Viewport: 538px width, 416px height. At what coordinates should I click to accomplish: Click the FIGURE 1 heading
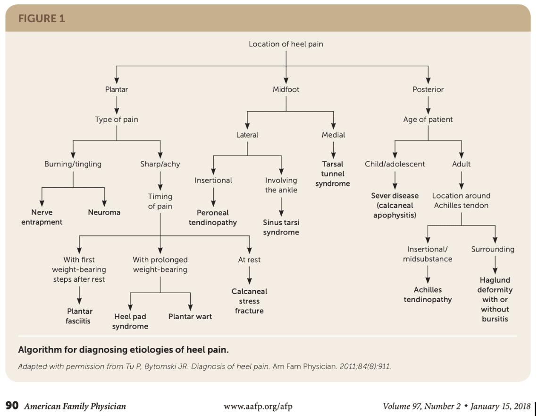42,18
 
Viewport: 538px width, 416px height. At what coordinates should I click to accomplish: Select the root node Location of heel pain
286,44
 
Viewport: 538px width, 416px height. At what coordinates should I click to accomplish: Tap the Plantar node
116,89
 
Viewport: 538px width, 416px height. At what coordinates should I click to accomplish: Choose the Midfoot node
286,89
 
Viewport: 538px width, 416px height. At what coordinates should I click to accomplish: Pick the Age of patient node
428,119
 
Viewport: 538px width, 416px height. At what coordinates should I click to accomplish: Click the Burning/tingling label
73,164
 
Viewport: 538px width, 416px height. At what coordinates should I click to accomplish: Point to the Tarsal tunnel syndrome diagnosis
333,173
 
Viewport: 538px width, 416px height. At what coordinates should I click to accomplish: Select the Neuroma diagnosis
104,212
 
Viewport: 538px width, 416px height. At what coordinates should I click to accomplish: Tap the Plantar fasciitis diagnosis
79,316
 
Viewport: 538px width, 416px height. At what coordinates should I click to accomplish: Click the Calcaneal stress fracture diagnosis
249,301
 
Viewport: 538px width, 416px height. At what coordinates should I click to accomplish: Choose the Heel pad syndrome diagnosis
130,321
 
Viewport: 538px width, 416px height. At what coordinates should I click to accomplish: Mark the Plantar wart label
190,316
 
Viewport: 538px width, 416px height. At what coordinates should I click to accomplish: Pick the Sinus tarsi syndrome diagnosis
281,227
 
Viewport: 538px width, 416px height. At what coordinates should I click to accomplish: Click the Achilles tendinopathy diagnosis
428,295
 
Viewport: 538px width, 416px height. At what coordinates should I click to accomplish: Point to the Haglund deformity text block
495,299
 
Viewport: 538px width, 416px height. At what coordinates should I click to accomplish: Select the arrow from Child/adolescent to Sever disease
395,180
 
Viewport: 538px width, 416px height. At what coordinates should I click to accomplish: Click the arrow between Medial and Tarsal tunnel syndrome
333,150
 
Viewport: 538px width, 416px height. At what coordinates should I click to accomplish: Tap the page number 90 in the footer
12,406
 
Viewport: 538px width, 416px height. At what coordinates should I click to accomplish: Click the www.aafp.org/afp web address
258,407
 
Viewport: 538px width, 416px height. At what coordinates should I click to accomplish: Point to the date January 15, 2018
500,407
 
